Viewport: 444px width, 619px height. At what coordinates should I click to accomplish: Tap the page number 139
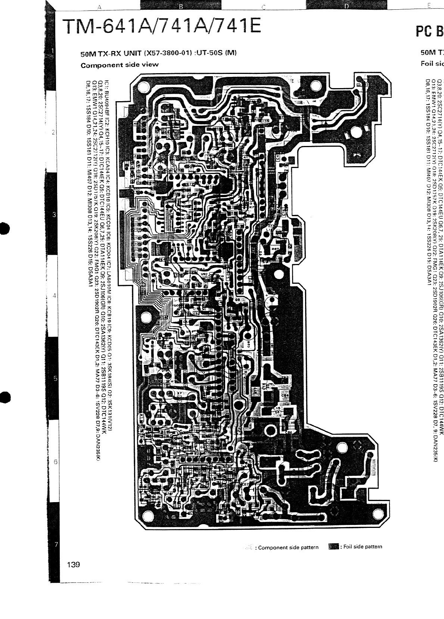(74, 564)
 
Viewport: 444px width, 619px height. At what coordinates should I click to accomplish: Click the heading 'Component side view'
(119, 65)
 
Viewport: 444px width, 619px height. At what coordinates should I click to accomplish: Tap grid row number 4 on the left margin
(55, 296)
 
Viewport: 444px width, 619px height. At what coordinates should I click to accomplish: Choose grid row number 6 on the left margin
(55, 462)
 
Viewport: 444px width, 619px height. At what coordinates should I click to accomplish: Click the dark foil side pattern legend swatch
(333, 547)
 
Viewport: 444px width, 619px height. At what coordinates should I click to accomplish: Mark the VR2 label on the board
(204, 274)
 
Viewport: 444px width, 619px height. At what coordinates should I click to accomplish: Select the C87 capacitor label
(245, 484)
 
